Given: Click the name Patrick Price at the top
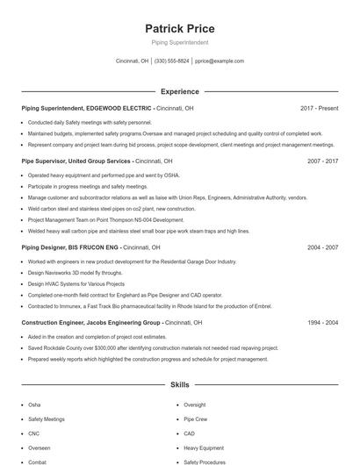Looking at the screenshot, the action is (179, 29).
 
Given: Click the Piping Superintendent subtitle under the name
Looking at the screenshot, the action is (179, 42).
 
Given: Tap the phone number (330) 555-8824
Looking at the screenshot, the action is (171, 61).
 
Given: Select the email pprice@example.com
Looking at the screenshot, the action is (220, 61).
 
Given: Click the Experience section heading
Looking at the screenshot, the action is (179, 91).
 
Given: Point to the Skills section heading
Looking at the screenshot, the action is (179, 384).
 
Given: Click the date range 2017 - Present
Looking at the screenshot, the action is (319, 109).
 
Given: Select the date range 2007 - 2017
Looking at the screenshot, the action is (323, 161).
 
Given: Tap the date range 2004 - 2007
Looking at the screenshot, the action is (323, 248).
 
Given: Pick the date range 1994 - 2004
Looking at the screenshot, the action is (323, 323).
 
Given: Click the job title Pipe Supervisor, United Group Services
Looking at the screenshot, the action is (77, 161).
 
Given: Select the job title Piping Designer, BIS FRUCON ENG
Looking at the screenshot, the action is (71, 248).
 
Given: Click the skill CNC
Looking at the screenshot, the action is (33, 433).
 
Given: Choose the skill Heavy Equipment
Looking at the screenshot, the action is (203, 447).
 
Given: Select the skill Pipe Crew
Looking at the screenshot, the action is (195, 419).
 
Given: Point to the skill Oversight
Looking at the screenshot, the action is (195, 405).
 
